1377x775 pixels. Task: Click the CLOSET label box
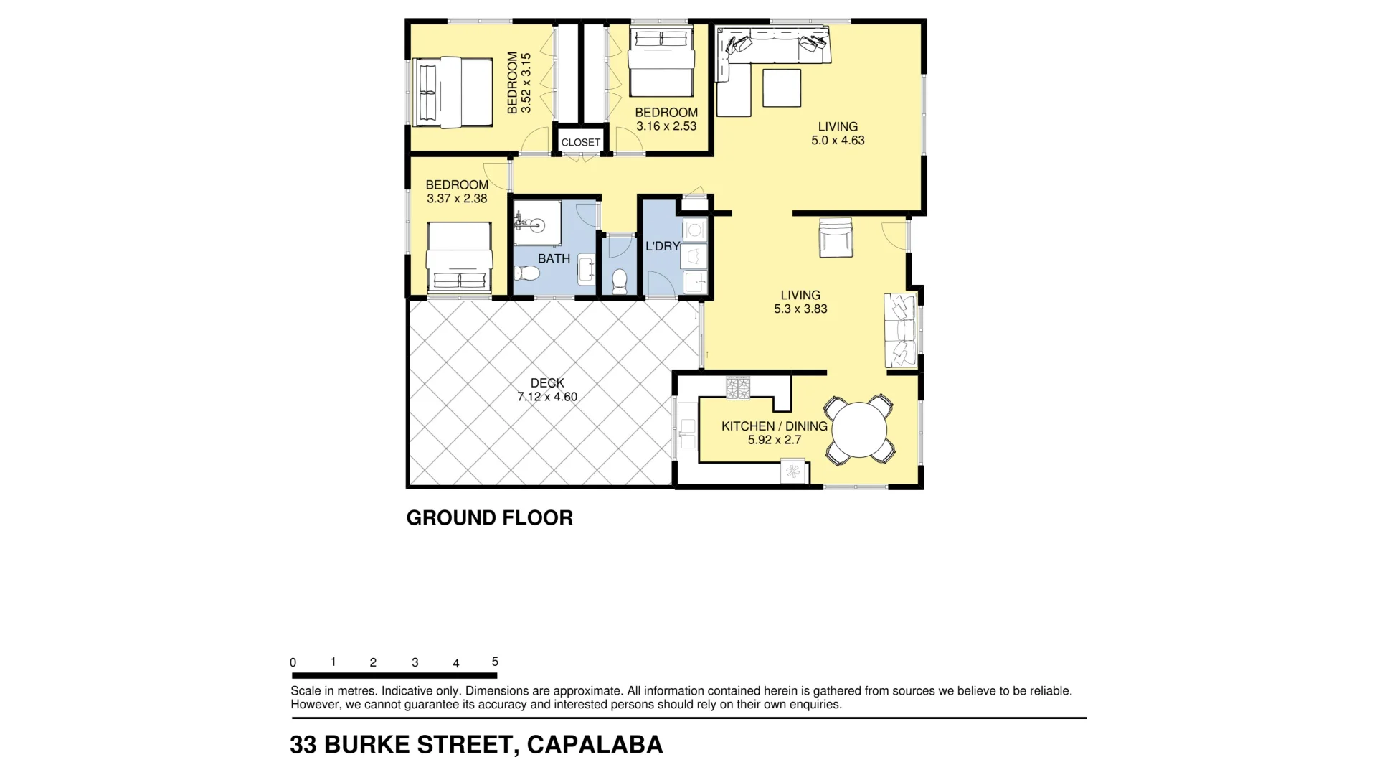pos(580,142)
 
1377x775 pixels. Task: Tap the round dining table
pos(858,430)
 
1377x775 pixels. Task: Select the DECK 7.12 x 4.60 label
pos(547,390)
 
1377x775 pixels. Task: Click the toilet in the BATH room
pos(527,273)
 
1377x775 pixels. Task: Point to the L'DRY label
pos(662,246)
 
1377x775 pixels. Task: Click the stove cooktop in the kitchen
pos(738,388)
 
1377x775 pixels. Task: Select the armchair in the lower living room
pos(836,238)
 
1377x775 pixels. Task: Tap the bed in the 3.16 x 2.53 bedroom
pos(661,61)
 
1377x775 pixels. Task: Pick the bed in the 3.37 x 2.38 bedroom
pos(460,257)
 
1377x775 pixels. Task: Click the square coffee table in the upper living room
pos(781,88)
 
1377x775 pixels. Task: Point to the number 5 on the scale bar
pos(495,662)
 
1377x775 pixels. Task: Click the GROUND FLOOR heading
pos(489,517)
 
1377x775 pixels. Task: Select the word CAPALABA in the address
pos(595,745)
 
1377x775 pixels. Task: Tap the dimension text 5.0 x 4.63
pos(838,141)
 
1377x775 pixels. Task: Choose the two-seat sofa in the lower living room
pos(901,330)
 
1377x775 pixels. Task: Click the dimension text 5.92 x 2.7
pos(775,440)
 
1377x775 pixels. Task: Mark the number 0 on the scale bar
pos(293,662)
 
